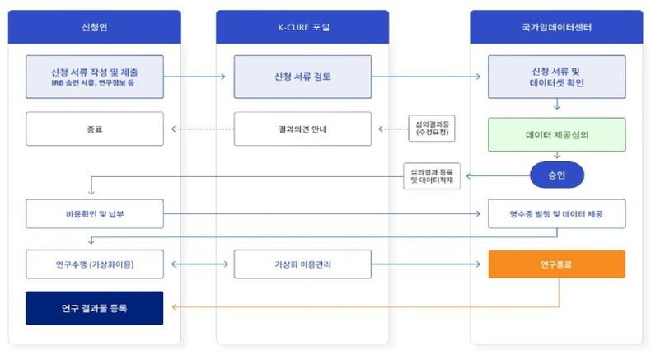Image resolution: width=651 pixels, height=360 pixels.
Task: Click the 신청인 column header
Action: click(x=95, y=27)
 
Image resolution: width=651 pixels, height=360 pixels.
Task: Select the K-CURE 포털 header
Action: click(x=302, y=27)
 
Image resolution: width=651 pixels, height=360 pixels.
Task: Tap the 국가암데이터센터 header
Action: click(x=556, y=27)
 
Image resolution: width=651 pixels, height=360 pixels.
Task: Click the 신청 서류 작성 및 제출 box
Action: click(x=94, y=76)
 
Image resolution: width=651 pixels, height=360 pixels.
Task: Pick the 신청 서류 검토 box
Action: click(x=302, y=76)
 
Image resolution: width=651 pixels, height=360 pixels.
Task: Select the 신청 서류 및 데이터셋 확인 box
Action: click(x=556, y=77)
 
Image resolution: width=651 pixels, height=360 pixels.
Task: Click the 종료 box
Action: click(x=94, y=129)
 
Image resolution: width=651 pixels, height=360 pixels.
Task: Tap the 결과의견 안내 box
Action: click(x=302, y=129)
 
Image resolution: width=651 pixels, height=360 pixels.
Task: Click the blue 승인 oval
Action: click(x=556, y=174)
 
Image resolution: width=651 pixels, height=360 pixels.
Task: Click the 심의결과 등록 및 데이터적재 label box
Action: click(x=432, y=176)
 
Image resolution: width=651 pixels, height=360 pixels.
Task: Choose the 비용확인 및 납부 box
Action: click(x=94, y=213)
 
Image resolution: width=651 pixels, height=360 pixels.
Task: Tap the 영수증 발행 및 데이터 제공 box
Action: click(x=556, y=213)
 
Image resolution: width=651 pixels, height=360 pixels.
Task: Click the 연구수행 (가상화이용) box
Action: click(x=94, y=264)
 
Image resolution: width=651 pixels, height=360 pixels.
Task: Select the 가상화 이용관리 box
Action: click(x=302, y=264)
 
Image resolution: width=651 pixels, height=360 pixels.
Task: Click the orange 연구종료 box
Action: click(x=556, y=264)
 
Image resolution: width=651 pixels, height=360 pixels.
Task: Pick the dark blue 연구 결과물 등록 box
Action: click(x=94, y=308)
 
